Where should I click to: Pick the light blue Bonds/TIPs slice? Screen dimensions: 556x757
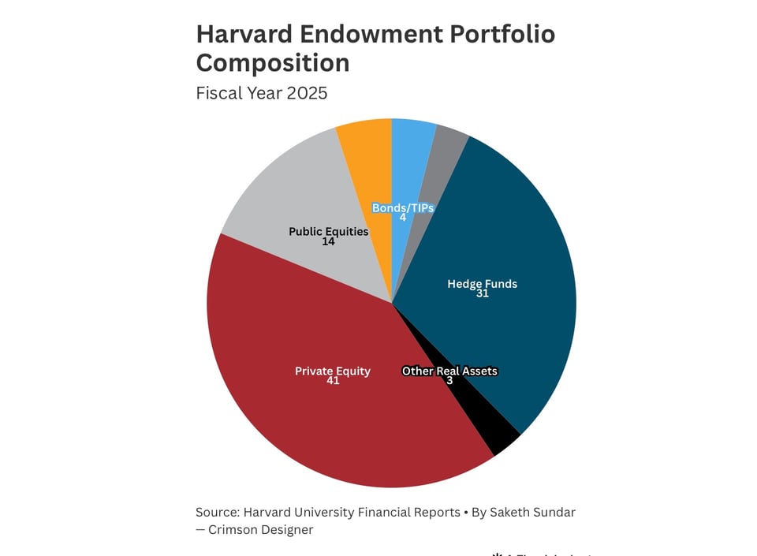410,158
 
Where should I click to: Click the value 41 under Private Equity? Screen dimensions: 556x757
332,382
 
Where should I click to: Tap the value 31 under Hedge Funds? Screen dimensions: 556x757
482,294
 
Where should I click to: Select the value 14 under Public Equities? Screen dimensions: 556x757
328,242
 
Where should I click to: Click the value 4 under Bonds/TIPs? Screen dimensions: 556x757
403,218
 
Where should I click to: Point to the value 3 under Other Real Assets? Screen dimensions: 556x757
449,381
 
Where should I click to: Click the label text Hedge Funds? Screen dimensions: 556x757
482,284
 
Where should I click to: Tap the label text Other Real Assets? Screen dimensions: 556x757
449,371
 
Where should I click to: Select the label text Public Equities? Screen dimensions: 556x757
328,232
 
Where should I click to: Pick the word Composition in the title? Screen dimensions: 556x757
272,63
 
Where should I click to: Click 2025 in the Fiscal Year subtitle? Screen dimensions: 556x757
307,93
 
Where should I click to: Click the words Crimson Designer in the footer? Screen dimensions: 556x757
260,530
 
